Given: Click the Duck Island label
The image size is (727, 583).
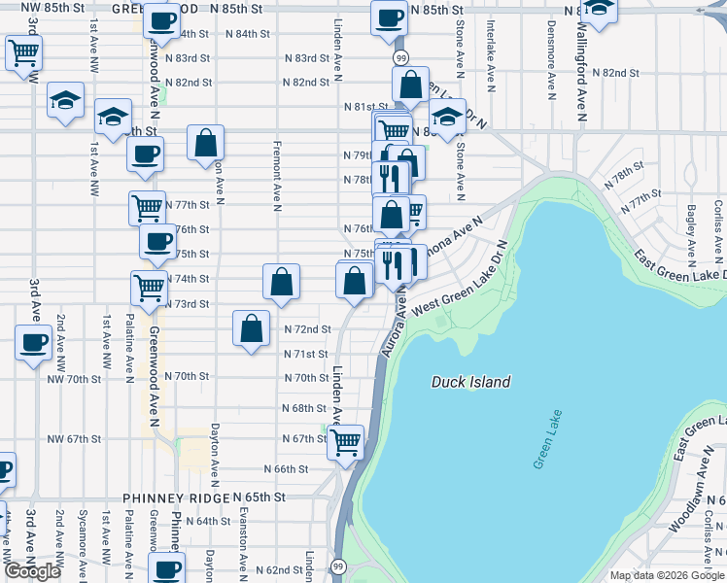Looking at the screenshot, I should point(470,382).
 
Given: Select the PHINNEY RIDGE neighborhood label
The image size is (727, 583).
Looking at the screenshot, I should point(175,497).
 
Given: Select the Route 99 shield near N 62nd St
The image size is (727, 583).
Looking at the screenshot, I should point(338,566).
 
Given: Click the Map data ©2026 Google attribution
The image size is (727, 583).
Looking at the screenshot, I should point(667,575).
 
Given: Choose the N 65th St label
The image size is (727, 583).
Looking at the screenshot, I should point(260,497).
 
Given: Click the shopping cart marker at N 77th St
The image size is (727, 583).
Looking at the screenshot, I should point(147,206).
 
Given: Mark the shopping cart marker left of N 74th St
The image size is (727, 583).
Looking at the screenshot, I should point(149,287).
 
